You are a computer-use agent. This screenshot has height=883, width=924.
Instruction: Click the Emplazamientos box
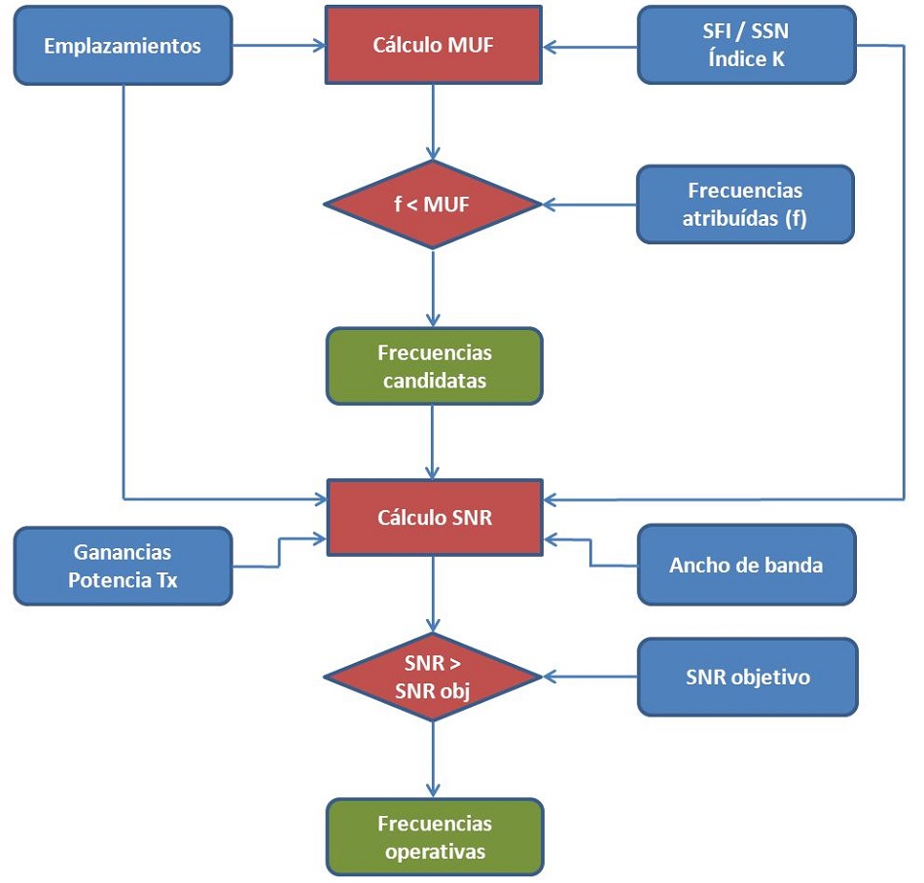(x=123, y=45)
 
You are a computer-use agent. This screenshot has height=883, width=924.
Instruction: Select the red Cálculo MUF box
(x=434, y=45)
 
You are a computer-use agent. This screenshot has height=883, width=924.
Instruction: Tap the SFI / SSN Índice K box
(x=746, y=45)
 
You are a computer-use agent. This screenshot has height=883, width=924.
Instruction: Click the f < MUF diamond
(x=434, y=204)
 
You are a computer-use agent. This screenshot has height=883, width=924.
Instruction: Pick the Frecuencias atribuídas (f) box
(x=746, y=204)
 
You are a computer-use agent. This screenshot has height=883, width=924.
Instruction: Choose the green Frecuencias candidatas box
(x=434, y=366)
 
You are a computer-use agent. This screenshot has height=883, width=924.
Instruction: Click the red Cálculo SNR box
(x=434, y=518)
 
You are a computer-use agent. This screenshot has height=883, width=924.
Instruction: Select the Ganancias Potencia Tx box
(x=123, y=566)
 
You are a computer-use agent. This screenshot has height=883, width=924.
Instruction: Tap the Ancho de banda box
(x=746, y=565)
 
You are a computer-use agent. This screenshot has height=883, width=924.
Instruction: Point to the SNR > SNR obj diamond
(x=434, y=677)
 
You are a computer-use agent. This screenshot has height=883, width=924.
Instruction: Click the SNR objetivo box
(x=746, y=677)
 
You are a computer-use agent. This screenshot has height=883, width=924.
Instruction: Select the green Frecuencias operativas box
(x=434, y=837)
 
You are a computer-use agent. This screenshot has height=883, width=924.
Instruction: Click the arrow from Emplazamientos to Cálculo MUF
(x=278, y=45)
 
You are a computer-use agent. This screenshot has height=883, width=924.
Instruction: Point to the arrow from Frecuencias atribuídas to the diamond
(x=588, y=204)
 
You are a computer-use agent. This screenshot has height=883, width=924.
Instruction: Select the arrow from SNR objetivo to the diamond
(x=588, y=677)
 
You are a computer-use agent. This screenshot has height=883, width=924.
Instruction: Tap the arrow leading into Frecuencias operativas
(x=434, y=759)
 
